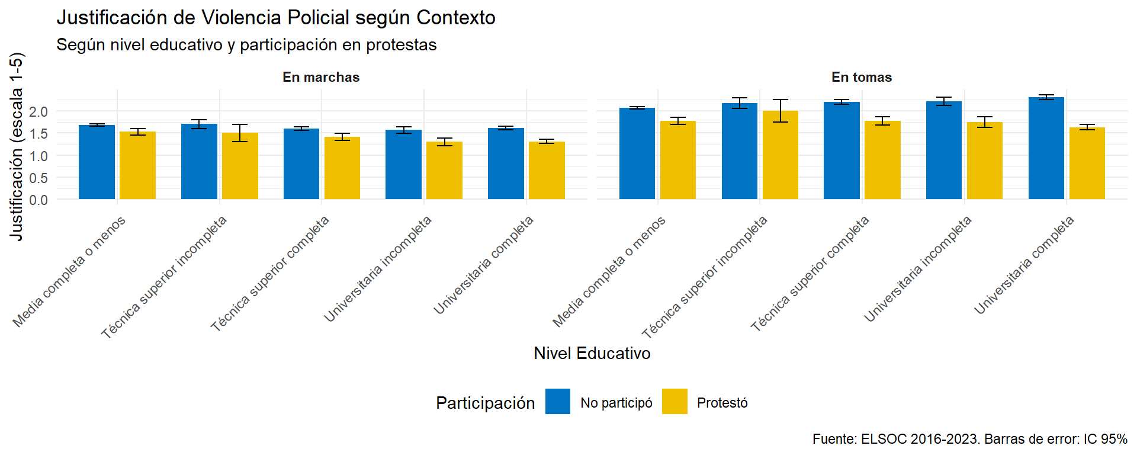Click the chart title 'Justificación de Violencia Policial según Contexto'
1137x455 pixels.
click(276, 18)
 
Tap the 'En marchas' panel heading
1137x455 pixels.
click(321, 77)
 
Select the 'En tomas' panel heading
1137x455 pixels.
click(862, 77)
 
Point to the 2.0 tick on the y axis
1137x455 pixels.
click(38, 111)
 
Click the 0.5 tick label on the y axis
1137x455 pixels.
click(38, 178)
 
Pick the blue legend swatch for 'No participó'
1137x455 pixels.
click(557, 402)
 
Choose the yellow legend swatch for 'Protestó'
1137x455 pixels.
click(675, 402)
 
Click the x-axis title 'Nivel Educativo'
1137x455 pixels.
click(592, 353)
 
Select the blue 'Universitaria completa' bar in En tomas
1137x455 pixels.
click(1046, 148)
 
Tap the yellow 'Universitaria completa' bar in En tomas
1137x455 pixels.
click(1087, 164)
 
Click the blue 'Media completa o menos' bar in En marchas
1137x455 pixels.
click(97, 162)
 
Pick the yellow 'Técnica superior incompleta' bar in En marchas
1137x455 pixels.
click(240, 166)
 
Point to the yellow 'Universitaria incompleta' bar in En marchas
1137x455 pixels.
click(444, 170)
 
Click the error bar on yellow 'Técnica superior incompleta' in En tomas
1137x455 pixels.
click(781, 111)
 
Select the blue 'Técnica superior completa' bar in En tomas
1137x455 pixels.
click(841, 150)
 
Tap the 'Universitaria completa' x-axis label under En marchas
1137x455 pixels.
click(484, 265)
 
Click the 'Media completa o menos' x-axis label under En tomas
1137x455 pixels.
click(609, 272)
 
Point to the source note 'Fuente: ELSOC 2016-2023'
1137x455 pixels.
click(969, 439)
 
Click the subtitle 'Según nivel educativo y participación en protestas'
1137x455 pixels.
click(246, 45)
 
